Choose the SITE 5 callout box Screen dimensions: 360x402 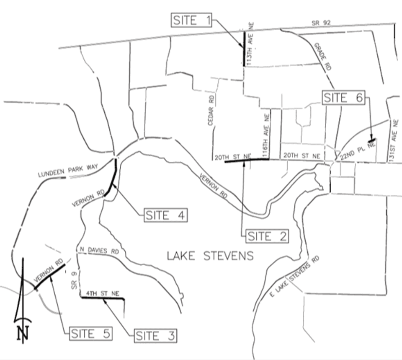click(x=90, y=334)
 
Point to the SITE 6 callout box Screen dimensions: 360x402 click(x=343, y=98)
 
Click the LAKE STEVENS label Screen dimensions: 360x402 click(x=210, y=256)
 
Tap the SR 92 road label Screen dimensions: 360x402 click(x=321, y=23)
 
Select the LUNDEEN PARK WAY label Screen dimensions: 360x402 click(x=68, y=171)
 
